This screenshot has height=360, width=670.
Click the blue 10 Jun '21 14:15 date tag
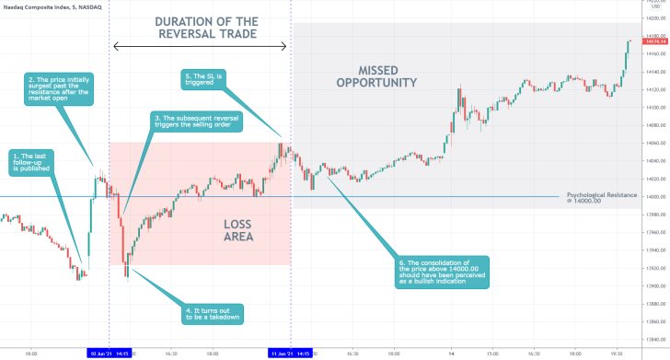tap(109, 353)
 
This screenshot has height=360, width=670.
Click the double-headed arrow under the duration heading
tap(200, 47)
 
